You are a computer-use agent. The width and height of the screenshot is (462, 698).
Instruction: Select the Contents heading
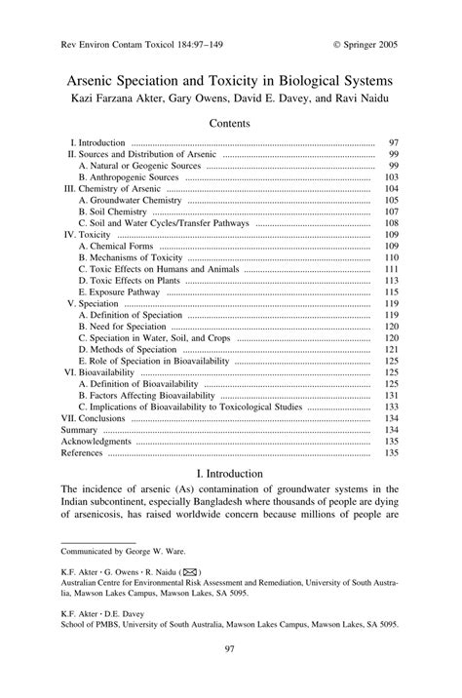(230, 123)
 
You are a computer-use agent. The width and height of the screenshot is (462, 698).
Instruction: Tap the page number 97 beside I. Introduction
(394, 142)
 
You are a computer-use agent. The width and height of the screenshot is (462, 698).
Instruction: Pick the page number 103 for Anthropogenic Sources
(392, 178)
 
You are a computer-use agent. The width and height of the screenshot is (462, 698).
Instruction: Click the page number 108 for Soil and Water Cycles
(392, 223)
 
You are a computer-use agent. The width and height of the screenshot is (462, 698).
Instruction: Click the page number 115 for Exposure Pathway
(392, 291)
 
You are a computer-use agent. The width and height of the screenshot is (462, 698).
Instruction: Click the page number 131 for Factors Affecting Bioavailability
(392, 395)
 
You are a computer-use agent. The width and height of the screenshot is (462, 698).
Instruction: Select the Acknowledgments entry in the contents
(96, 441)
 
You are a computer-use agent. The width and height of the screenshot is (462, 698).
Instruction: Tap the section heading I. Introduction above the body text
(230, 473)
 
